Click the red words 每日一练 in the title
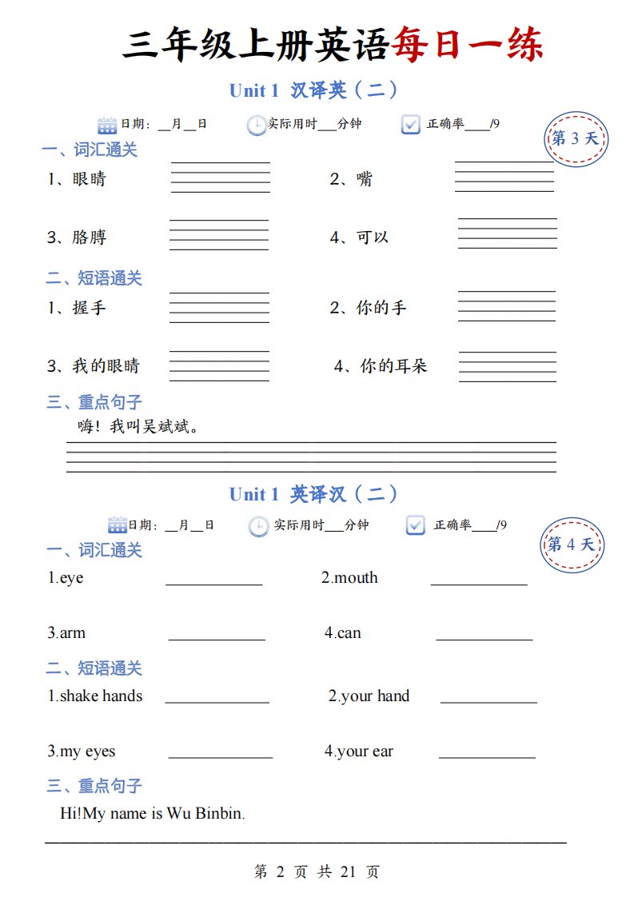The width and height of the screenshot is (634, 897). (x=467, y=45)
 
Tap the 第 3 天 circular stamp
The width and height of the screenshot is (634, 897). (x=576, y=138)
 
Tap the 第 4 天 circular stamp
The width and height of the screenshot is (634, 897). (x=572, y=545)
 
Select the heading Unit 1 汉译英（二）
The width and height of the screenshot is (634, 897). (x=313, y=90)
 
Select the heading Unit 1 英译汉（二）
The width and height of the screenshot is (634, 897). (x=313, y=494)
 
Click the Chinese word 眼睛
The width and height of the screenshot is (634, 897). (x=89, y=179)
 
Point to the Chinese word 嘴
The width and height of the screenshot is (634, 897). (x=364, y=179)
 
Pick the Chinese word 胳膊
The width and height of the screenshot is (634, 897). (x=89, y=237)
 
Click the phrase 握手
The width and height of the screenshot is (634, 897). (x=89, y=308)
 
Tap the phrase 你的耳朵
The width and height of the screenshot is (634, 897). (x=393, y=366)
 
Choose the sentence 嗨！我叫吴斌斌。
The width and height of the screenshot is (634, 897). (x=138, y=427)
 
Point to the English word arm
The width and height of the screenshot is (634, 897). (x=73, y=633)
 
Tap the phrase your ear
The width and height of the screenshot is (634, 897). (x=365, y=751)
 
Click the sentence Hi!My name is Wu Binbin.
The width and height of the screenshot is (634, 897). (x=152, y=814)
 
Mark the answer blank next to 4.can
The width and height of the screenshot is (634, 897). (x=484, y=635)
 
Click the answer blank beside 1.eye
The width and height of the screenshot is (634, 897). (x=213, y=580)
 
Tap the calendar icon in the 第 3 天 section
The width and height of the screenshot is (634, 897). (x=107, y=125)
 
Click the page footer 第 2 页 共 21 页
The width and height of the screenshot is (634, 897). (x=317, y=872)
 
